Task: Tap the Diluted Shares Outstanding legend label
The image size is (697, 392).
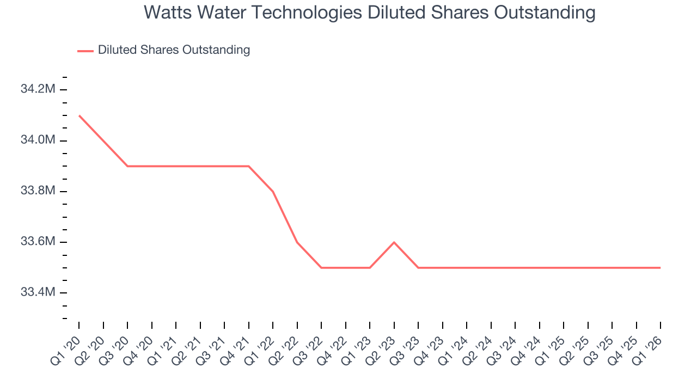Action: (174, 50)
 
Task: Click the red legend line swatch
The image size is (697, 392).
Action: (85, 51)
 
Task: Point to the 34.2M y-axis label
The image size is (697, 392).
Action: (38, 89)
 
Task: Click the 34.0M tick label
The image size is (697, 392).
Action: (38, 140)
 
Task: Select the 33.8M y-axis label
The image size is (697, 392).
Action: (38, 191)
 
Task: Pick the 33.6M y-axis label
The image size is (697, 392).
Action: (38, 241)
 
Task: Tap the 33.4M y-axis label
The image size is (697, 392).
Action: (38, 292)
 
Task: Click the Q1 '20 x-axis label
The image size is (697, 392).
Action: (66, 351)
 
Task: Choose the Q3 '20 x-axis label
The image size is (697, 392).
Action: (114, 351)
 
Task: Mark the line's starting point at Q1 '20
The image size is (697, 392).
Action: (80, 115)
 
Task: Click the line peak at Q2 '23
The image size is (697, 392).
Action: (394, 242)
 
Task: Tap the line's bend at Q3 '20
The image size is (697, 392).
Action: (127, 166)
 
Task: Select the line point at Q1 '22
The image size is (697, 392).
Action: (273, 191)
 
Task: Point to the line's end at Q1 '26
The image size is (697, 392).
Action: (661, 267)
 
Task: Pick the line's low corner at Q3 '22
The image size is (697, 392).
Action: (321, 267)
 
